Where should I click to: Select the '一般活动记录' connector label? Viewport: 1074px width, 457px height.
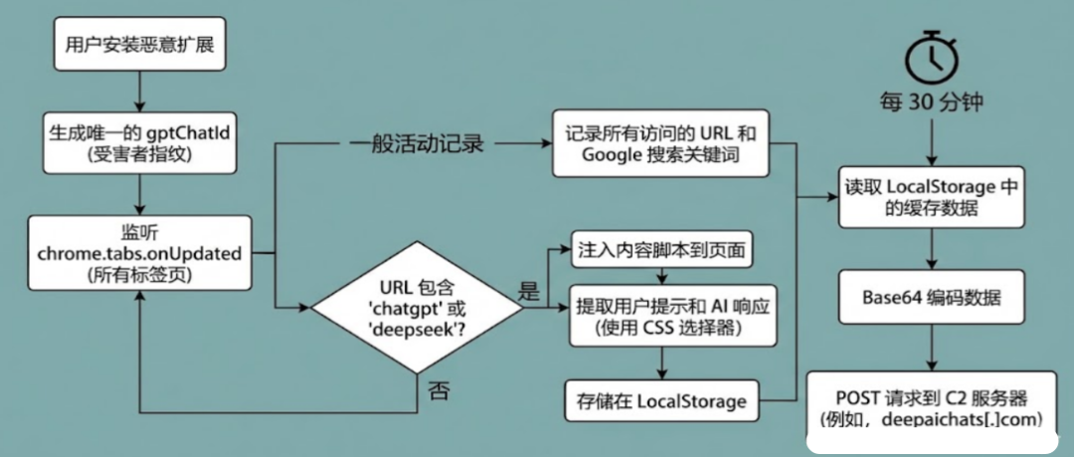pos(417,145)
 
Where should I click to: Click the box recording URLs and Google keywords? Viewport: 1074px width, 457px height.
pos(660,145)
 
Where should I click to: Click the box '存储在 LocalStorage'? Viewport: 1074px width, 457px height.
pos(660,400)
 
